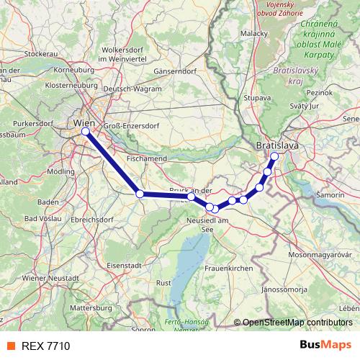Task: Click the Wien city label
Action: click(x=84, y=122)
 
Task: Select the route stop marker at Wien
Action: click(x=86, y=132)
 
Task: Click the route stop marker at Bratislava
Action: click(x=274, y=156)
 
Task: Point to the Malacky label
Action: click(x=254, y=33)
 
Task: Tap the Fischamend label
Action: click(x=147, y=158)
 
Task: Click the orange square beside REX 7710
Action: click(x=10, y=346)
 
